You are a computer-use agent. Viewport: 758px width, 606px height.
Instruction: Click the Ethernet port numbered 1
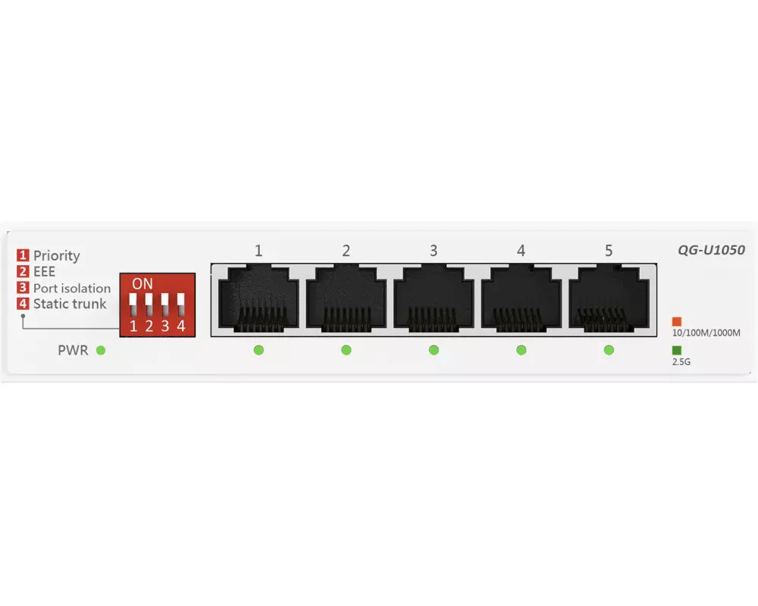[258, 297]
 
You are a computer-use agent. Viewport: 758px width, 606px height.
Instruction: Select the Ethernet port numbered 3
[434, 297]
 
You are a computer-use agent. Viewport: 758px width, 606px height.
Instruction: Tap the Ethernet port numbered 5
[609, 297]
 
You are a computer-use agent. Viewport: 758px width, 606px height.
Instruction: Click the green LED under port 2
[346, 350]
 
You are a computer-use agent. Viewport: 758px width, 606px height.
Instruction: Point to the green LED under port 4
[522, 350]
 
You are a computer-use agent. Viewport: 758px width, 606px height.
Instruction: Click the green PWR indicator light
[101, 350]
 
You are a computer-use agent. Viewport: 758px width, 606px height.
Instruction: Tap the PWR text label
[73, 351]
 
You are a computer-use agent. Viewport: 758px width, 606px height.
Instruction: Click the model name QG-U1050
[711, 250]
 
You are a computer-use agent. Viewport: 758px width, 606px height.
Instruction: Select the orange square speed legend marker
[677, 321]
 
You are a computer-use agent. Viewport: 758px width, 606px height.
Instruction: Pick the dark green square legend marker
[677, 350]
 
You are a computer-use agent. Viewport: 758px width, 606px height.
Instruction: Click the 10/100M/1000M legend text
[706, 333]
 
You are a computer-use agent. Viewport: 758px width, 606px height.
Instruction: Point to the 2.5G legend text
[681, 362]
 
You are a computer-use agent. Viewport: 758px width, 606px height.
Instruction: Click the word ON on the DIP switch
[143, 284]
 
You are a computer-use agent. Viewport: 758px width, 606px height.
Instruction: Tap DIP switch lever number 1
[133, 305]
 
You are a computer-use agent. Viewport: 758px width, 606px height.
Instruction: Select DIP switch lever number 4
[181, 305]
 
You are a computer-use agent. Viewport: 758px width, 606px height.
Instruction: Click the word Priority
[57, 256]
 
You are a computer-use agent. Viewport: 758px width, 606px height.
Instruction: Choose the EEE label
[45, 272]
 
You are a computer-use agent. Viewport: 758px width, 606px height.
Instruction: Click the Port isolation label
[72, 288]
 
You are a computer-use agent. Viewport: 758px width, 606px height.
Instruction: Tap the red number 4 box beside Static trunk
[23, 304]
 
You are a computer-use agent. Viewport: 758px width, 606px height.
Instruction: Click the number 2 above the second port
[346, 251]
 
